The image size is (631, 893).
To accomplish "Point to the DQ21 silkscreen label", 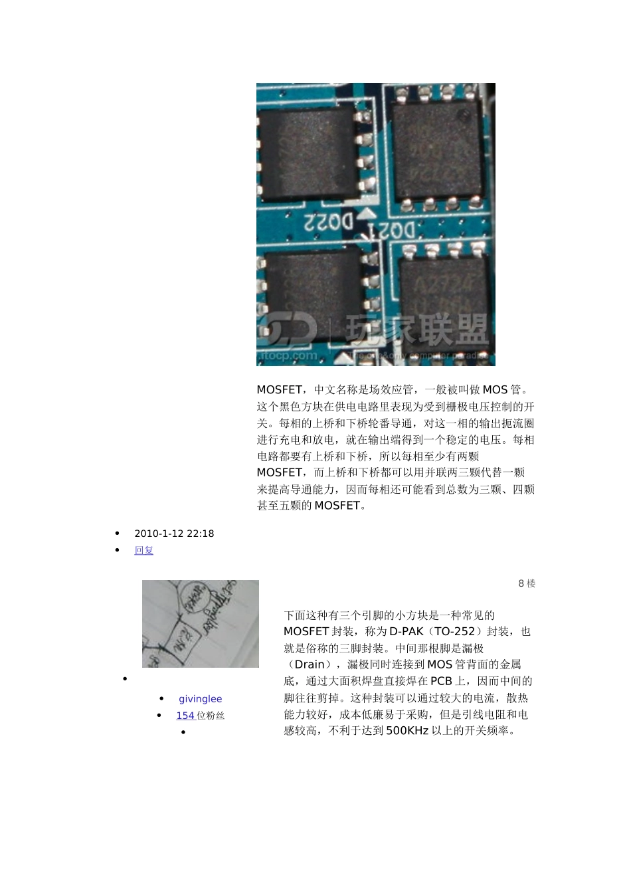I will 393,231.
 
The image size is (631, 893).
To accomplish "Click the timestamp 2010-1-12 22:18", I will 174,534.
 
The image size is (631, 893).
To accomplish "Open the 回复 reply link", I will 143,550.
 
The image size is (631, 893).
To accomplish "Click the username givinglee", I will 201,699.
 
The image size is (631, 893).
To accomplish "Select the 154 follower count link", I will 185,716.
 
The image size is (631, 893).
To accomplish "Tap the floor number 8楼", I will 527,583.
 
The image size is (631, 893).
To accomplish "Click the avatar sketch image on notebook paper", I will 201,624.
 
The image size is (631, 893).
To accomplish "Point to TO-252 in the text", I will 455,631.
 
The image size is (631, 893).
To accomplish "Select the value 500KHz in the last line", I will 406,731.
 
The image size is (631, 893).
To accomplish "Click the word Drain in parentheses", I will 310,664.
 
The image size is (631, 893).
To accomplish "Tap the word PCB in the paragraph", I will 441,681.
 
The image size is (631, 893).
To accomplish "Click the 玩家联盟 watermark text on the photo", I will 418,330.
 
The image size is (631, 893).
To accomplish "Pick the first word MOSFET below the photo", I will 279,390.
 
